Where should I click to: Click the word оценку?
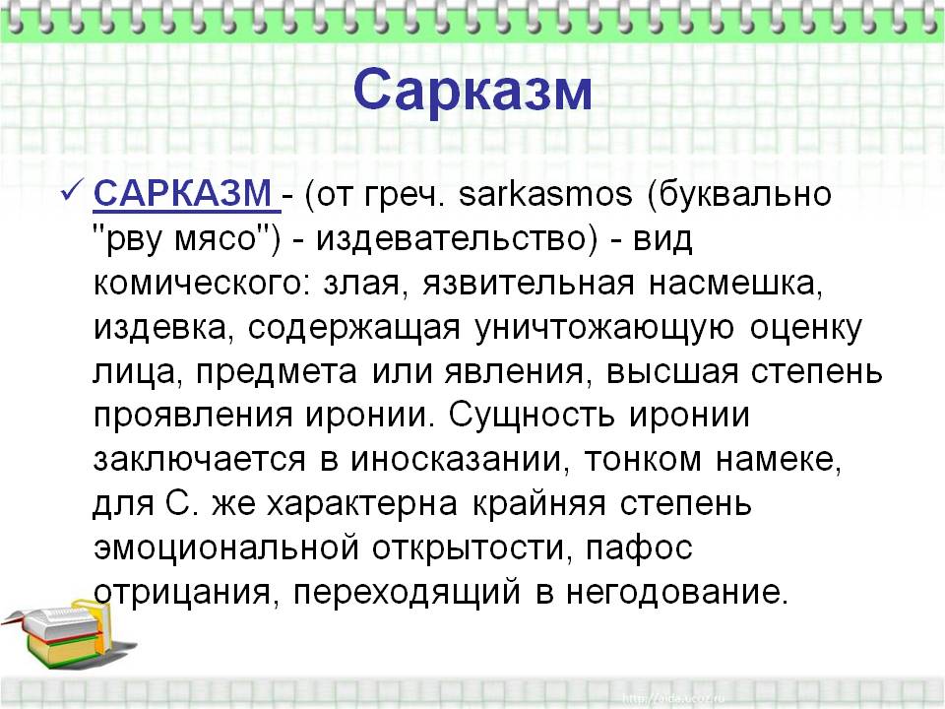805,330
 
